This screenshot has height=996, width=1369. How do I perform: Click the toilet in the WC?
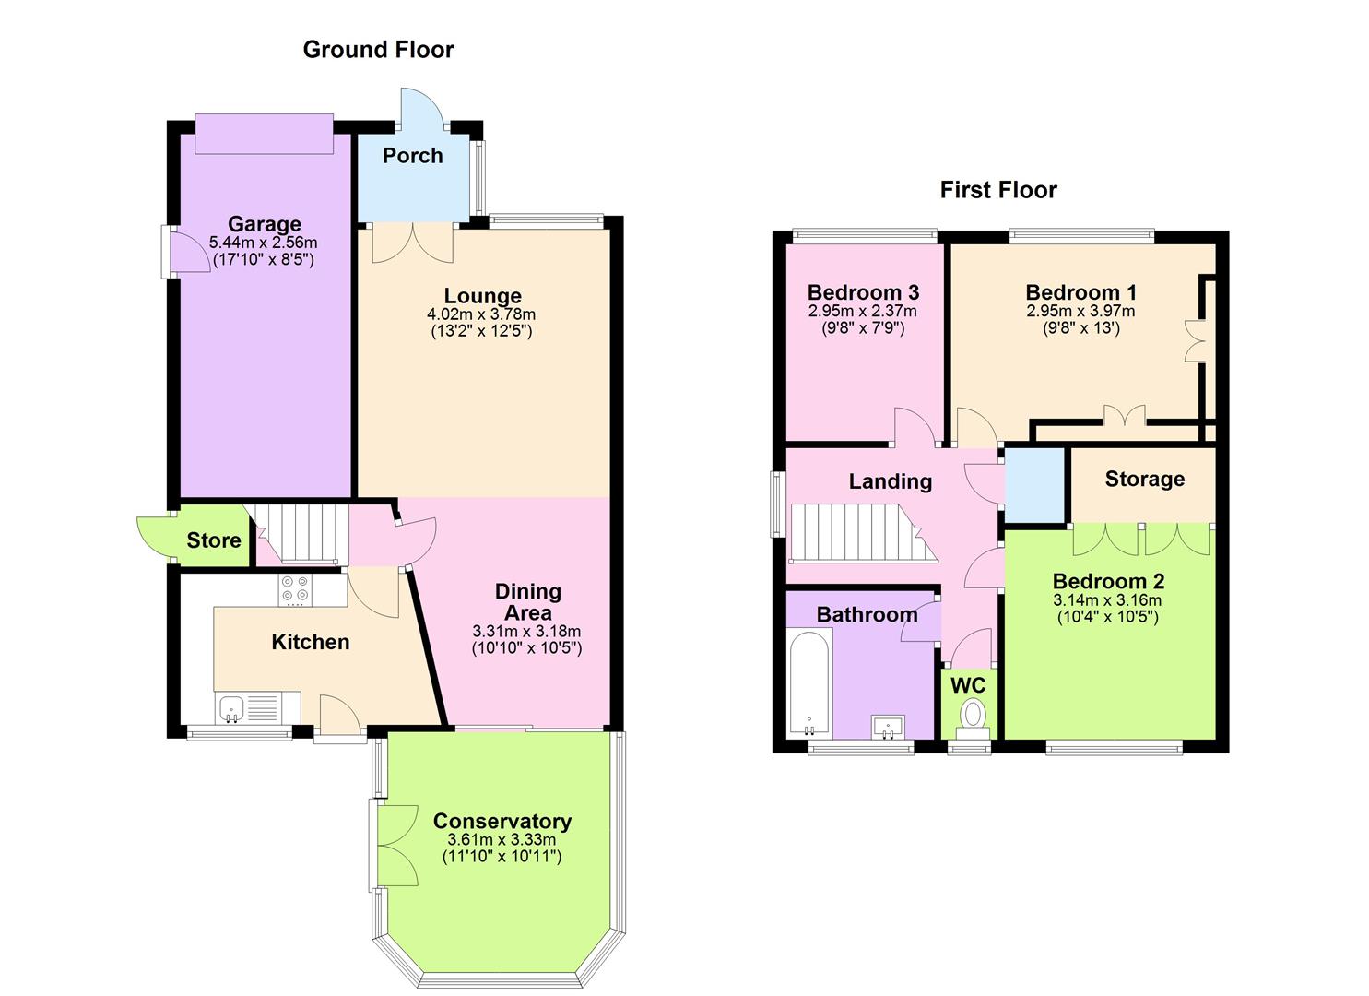[x=972, y=717]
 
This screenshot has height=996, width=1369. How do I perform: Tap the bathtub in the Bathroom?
[x=809, y=682]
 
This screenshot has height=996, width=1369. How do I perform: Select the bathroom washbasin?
[x=888, y=727]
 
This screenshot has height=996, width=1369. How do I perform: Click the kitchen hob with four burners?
[x=296, y=589]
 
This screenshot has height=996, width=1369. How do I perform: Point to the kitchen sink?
[x=231, y=708]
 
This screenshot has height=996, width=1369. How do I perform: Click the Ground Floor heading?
[x=378, y=50]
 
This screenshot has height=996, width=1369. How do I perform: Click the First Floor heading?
[x=997, y=190]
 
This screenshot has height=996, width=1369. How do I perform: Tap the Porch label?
[x=412, y=156]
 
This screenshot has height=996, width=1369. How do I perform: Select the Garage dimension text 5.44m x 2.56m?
[x=264, y=243]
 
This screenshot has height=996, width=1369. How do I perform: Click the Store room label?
[x=214, y=540]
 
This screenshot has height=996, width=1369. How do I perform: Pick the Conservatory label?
[x=502, y=821]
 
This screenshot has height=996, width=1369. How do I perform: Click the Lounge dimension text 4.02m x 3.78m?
[x=483, y=314]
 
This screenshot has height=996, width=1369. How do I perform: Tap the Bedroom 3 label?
[x=863, y=292]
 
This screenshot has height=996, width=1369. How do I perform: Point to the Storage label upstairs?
[x=1144, y=479]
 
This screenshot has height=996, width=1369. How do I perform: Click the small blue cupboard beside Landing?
[x=1033, y=485]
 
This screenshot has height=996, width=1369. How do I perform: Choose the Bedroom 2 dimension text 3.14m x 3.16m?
[x=1107, y=600]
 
